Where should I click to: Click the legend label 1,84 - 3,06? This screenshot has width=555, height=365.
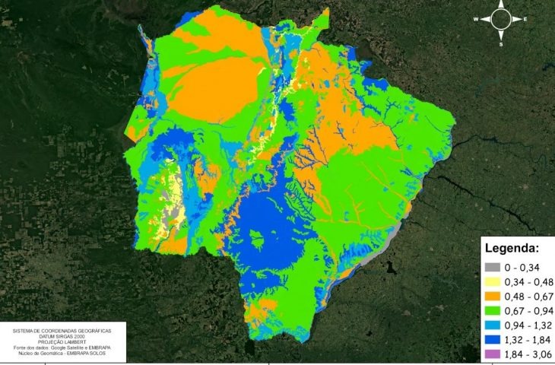click(529, 354)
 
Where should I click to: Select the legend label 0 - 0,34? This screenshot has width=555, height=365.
click(523, 267)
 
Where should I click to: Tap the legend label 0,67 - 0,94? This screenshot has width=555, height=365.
click(529, 310)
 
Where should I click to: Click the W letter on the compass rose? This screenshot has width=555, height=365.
click(476, 19)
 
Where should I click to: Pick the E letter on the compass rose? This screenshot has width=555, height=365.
click(525, 19)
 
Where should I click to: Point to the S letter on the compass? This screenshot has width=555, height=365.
click(501, 44)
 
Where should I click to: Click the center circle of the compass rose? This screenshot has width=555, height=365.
click(501, 19)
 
